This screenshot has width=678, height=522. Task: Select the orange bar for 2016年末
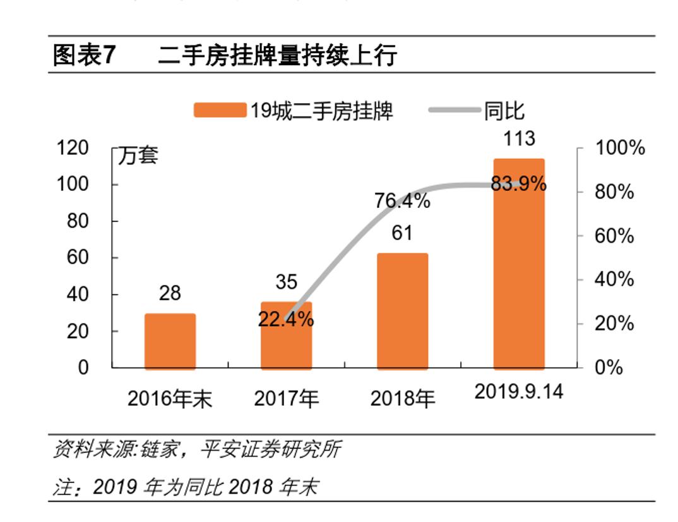(170, 341)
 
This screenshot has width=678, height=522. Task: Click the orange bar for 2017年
(286, 344)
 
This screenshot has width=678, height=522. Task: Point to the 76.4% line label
(402, 202)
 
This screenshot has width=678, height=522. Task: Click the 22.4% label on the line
(286, 320)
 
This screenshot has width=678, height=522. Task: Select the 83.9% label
(519, 185)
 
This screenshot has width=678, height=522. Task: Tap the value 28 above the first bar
(170, 293)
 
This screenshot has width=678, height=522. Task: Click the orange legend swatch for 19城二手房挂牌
(219, 111)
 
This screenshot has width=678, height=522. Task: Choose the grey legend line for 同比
(454, 111)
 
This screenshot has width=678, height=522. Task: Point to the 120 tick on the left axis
(73, 149)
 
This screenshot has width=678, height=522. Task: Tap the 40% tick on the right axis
(614, 279)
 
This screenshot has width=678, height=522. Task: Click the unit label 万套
(138, 155)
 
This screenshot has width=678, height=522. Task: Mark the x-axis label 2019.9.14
(518, 392)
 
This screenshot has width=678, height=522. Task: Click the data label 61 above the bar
(402, 233)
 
